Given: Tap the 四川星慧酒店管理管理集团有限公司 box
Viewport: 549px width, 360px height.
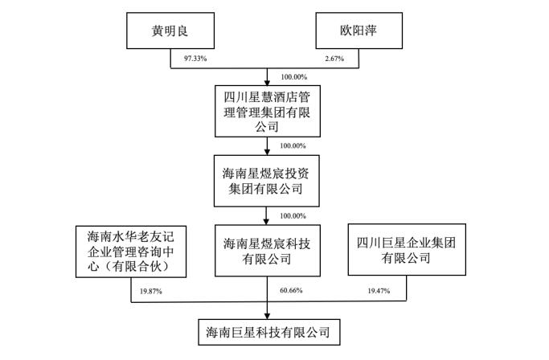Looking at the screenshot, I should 266,110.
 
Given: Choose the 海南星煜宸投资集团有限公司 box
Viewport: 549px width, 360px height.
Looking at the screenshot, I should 266,181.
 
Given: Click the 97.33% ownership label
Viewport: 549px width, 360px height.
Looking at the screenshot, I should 184,58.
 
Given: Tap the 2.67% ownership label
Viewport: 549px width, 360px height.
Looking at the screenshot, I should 346,58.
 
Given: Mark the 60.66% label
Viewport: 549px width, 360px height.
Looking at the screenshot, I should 293,288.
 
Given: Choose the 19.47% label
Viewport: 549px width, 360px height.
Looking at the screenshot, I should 378,288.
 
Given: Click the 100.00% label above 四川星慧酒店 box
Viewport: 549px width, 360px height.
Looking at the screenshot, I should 293,76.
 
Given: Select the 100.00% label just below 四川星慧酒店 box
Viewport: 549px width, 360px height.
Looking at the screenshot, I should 293,145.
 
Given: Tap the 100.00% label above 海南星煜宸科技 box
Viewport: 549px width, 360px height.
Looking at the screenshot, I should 293,215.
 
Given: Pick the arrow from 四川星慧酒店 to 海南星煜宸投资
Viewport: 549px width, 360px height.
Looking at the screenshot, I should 267,146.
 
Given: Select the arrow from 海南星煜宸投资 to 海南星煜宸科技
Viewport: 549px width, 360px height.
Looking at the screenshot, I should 267,215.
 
